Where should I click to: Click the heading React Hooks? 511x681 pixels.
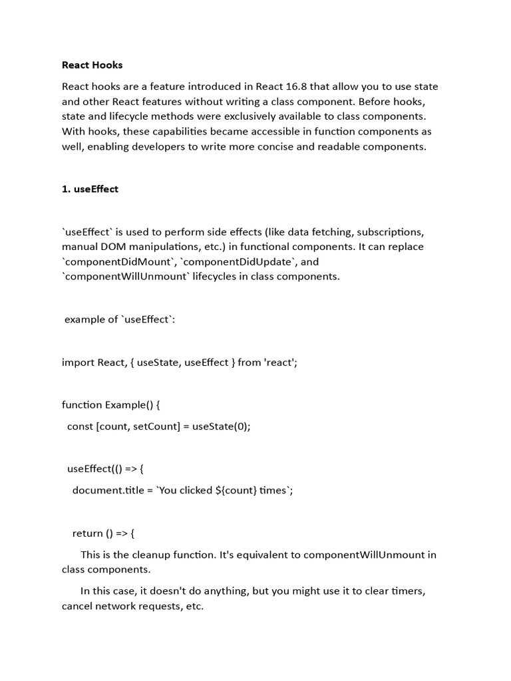tap(92, 65)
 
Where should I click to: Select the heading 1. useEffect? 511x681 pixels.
tap(90, 189)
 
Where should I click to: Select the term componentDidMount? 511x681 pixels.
tap(118, 261)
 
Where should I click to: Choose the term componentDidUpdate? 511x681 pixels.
tap(236, 261)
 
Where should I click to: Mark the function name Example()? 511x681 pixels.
tap(130, 404)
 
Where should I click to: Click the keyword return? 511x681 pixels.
tap(87, 533)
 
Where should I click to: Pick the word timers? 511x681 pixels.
tap(407, 591)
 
